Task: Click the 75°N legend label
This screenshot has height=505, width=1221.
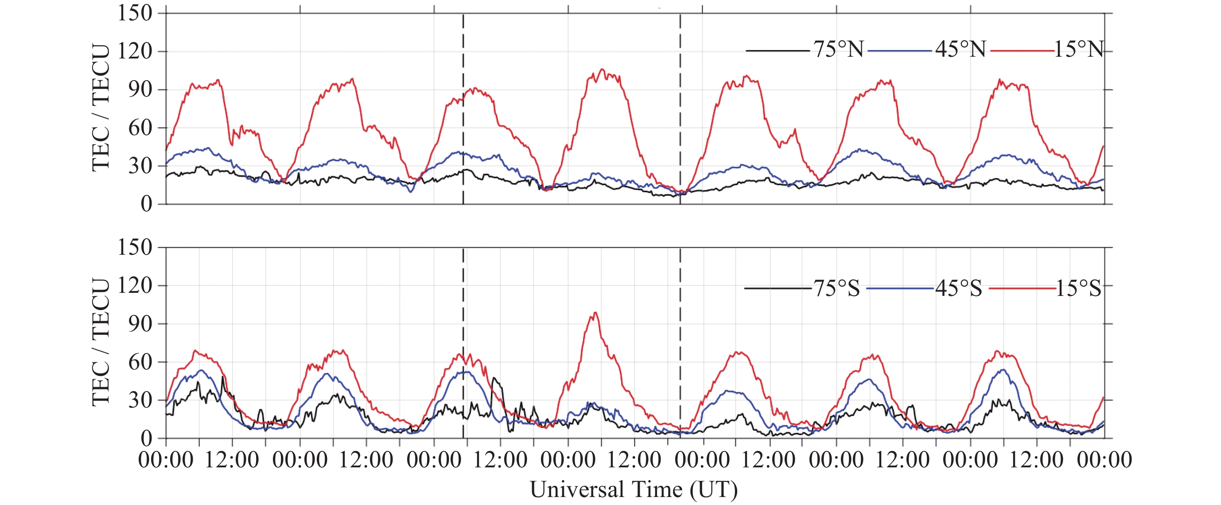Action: [839, 49]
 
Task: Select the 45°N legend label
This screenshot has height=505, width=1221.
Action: [960, 49]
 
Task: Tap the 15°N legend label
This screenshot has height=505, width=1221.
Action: [1078, 49]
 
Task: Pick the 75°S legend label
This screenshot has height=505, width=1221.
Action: [836, 288]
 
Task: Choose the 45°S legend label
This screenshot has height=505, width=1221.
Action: [958, 288]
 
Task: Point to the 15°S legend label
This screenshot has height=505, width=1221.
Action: [1078, 288]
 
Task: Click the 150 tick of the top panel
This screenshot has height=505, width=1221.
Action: [135, 13]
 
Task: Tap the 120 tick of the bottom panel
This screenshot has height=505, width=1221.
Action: [135, 286]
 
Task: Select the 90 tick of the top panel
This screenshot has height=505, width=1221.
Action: [140, 89]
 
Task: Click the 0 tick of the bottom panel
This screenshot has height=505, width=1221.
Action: [147, 438]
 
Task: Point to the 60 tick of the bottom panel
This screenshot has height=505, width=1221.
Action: [140, 362]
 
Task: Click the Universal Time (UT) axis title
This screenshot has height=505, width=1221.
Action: [634, 489]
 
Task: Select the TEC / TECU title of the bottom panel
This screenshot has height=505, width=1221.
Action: [101, 342]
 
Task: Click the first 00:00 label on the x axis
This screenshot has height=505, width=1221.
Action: [165, 460]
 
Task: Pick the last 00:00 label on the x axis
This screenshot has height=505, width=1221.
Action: [1104, 460]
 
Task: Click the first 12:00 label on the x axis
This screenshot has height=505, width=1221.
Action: [232, 460]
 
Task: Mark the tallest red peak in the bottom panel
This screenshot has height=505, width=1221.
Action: [595, 313]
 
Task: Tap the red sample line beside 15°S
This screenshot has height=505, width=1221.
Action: [1022, 288]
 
